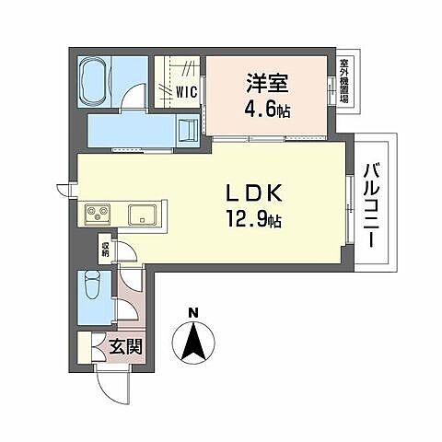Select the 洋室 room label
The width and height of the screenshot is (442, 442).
click(266, 82)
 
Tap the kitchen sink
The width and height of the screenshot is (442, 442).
click(143, 215)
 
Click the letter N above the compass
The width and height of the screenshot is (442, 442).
click(192, 313)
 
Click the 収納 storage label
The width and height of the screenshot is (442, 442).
click(105, 248)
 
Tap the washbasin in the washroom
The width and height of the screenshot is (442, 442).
click(188, 128)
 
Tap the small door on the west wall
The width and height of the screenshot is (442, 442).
click(64, 190)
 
